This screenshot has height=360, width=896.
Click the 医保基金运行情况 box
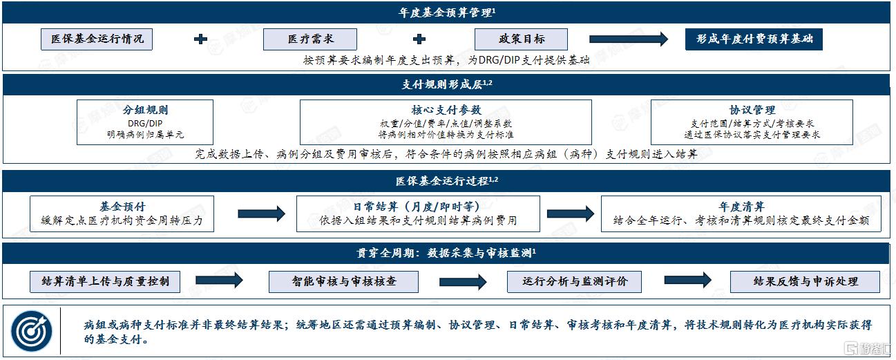97,39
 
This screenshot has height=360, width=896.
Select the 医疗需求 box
310,39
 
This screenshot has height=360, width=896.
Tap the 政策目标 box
521,39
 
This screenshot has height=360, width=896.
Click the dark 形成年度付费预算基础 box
754,39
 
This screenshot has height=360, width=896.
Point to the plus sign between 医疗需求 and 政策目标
419,39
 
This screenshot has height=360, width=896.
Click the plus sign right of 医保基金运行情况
200,39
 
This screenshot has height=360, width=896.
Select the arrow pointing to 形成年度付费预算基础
629,39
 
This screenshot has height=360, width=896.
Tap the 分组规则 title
145,110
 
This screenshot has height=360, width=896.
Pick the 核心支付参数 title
446,110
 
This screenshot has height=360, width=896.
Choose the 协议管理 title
752,110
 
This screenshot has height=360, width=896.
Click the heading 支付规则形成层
447,84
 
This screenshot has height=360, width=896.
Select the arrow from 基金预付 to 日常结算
262,214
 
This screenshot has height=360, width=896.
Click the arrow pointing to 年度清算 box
571,214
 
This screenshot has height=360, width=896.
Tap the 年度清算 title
741,207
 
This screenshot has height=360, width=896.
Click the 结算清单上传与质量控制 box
105,282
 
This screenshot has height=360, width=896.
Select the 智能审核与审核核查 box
343,282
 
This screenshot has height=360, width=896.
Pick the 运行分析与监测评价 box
574,282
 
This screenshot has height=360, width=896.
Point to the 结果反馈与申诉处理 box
806,282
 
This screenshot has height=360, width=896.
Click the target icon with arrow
31,331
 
